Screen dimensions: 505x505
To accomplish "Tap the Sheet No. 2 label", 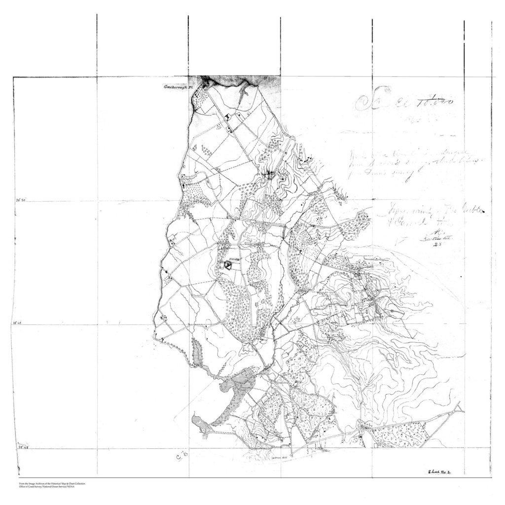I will tap(441, 472).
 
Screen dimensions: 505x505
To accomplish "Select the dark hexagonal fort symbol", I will tap(228, 265).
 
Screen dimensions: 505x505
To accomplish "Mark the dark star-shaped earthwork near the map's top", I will tap(270, 174).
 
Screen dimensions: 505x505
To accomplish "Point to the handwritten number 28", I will tap(436, 244).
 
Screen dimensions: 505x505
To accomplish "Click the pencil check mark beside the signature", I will tap(400, 241).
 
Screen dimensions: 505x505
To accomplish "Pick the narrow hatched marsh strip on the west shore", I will tap(198, 357).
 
